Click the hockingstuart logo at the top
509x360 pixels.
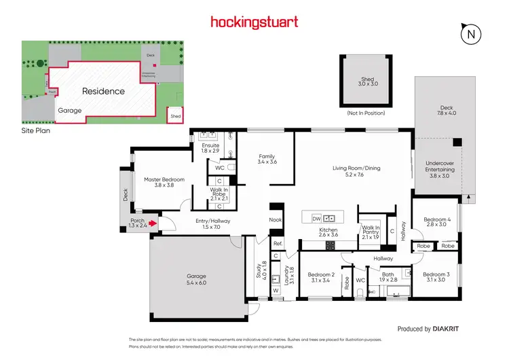click(x=254, y=22)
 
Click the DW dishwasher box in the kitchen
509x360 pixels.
click(x=316, y=218)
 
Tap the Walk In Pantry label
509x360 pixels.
click(x=371, y=232)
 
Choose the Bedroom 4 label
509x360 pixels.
click(x=435, y=223)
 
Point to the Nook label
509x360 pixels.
click(x=275, y=219)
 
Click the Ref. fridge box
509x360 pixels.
click(x=277, y=243)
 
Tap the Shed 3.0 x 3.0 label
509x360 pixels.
click(x=366, y=83)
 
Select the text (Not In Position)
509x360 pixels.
click(x=366, y=113)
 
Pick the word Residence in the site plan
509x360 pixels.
click(x=103, y=91)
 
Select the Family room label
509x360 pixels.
click(x=267, y=160)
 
